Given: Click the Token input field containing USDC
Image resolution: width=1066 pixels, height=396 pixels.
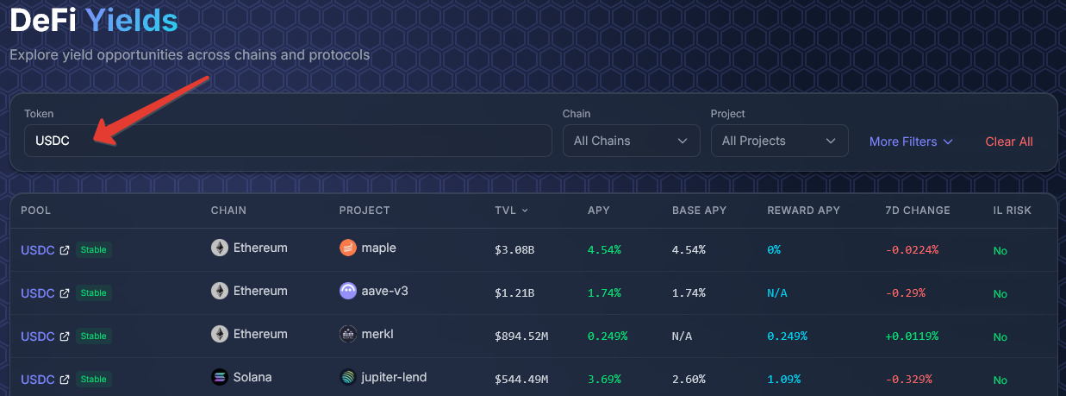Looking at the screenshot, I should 287,141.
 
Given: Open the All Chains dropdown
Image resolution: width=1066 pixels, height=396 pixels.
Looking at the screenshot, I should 631,141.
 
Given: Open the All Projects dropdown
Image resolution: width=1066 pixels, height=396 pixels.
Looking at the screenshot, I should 779,141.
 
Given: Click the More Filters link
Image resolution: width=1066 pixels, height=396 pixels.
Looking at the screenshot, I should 911,141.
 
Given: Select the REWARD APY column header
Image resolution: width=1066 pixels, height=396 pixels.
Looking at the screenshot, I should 803,211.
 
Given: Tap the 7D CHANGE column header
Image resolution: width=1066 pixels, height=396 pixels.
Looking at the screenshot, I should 917,211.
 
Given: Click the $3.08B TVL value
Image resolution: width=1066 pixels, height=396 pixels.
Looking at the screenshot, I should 514,249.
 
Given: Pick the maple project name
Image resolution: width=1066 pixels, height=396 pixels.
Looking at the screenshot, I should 379,248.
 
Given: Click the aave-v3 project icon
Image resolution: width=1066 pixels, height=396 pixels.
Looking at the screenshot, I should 348,291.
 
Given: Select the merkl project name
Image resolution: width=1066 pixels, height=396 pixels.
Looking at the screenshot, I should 379,334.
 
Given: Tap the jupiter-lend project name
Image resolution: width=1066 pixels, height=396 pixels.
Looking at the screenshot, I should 395,377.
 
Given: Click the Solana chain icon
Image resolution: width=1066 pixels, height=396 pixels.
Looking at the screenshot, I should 220,377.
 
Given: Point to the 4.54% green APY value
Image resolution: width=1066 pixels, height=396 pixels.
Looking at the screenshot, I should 603,249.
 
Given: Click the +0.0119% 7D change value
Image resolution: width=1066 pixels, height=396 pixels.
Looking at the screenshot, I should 912,336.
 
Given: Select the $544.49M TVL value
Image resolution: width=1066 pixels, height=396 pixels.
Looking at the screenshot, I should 522,379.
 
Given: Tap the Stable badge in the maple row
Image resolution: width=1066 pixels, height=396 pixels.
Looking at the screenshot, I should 94,250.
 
